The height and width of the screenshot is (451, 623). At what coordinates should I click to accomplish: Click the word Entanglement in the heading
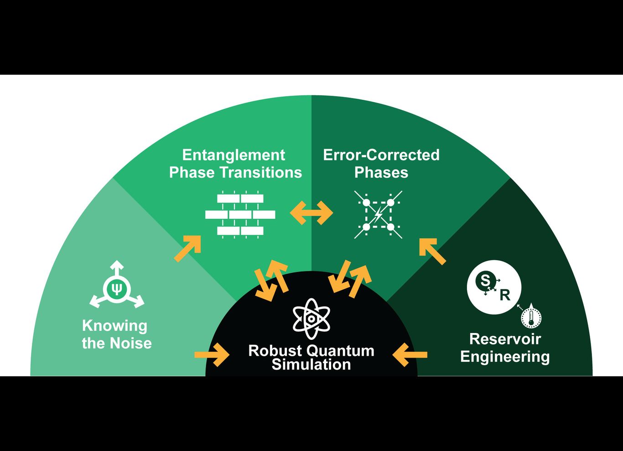click(x=234, y=155)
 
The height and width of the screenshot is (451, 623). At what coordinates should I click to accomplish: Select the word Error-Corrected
click(x=381, y=155)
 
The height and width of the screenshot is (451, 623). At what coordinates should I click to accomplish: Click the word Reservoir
click(x=505, y=339)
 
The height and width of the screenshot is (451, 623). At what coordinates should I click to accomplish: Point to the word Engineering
click(x=505, y=357)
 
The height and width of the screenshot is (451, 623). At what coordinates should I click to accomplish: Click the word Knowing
click(x=114, y=326)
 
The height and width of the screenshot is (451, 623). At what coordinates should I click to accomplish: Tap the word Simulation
click(x=311, y=364)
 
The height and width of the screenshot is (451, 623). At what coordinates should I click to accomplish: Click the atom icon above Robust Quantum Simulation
click(x=311, y=319)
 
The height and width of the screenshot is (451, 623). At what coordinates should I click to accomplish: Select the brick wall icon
click(x=240, y=214)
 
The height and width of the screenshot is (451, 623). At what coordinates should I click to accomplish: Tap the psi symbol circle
click(x=117, y=289)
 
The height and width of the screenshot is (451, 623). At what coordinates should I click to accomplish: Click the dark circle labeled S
click(x=485, y=280)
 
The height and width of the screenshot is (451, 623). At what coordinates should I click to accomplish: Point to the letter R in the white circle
click(x=504, y=296)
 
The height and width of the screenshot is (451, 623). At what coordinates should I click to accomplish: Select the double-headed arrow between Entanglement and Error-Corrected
click(x=311, y=213)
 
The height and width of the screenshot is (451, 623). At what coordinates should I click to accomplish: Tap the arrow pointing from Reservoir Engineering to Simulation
click(x=410, y=354)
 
